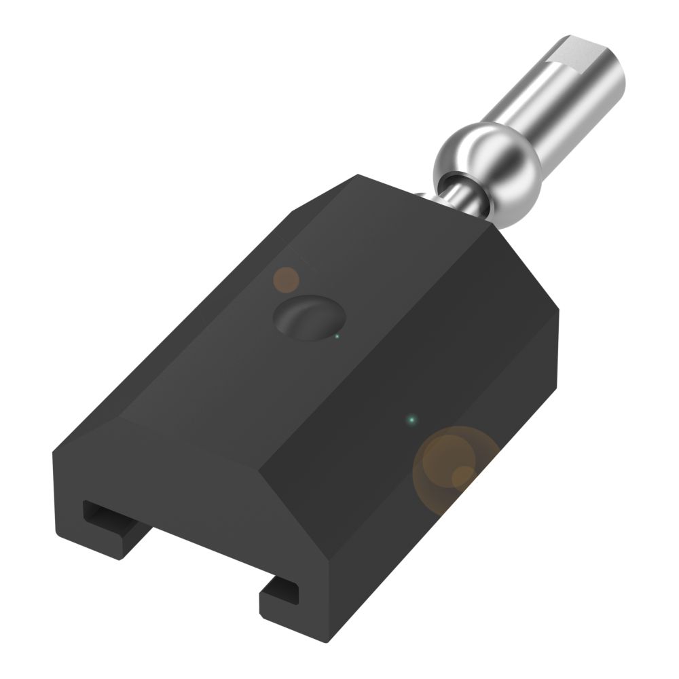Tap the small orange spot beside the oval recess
[286, 279]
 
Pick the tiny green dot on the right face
[410, 420]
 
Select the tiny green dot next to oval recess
[337, 335]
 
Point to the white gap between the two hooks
[204, 564]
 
